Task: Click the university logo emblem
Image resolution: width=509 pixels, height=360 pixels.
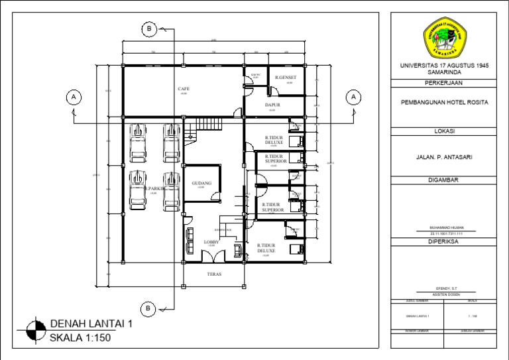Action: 444,38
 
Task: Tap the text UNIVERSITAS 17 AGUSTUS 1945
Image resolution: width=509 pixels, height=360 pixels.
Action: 444,66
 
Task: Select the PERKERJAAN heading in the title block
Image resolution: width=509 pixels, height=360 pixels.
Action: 444,83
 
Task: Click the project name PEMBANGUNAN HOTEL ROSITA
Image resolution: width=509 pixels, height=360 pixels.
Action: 444,103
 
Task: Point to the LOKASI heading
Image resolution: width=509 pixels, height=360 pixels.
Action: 444,132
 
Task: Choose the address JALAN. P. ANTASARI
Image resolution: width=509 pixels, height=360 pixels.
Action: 444,157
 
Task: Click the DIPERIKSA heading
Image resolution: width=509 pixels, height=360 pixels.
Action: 444,242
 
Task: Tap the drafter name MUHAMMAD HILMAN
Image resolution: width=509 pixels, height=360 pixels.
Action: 444,227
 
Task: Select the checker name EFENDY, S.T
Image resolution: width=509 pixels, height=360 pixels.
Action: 444,289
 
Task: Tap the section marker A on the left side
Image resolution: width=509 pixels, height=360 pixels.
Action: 74,97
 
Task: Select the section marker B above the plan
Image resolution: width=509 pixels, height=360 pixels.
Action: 149,29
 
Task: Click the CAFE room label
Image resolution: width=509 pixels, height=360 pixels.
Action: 184,88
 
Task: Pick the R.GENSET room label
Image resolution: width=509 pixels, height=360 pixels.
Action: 286,78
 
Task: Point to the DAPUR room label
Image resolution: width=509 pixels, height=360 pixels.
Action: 272,105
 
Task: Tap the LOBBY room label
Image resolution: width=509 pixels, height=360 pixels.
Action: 211,242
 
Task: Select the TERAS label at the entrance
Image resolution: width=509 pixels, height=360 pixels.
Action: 214,273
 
